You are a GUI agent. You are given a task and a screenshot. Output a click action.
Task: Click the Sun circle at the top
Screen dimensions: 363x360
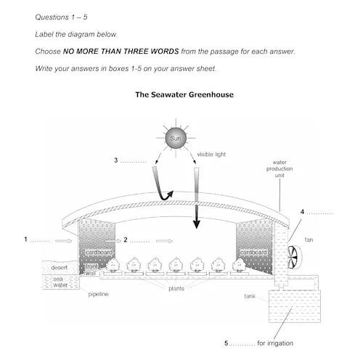click(176, 138)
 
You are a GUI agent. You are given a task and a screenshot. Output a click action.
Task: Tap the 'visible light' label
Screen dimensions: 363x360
click(211, 155)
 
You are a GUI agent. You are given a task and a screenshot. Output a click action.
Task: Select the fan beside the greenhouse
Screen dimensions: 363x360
click(294, 257)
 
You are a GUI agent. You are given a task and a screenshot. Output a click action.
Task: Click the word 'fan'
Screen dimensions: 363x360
click(309, 240)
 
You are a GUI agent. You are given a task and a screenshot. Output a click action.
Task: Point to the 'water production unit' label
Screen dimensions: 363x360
click(280, 168)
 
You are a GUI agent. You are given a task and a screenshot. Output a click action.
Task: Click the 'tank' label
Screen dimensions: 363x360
click(250, 296)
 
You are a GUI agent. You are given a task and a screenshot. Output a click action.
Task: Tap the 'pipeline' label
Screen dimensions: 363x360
click(98, 295)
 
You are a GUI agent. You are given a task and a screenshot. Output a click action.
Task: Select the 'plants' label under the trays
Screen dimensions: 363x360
click(176, 289)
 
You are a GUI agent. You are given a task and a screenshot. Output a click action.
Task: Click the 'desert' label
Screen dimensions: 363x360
click(59, 268)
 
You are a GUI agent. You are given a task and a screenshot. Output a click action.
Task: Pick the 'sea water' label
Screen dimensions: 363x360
click(60, 282)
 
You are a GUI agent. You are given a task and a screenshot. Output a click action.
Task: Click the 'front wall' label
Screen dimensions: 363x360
click(91, 270)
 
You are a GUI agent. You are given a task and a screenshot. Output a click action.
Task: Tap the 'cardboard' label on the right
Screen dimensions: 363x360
click(253, 253)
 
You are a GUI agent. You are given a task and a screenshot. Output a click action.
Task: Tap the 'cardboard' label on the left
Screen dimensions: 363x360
click(99, 253)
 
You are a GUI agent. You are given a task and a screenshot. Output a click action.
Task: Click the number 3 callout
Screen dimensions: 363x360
click(116, 160)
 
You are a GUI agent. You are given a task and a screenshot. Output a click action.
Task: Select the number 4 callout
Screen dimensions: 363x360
click(302, 212)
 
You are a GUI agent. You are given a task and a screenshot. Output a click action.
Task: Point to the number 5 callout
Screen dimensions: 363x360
click(227, 343)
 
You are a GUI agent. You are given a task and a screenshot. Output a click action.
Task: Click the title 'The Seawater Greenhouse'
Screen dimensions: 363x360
click(184, 94)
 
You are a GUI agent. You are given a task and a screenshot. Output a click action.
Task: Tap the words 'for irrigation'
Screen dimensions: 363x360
click(275, 343)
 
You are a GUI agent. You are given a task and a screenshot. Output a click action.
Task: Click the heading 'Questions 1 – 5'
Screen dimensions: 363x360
click(61, 17)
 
